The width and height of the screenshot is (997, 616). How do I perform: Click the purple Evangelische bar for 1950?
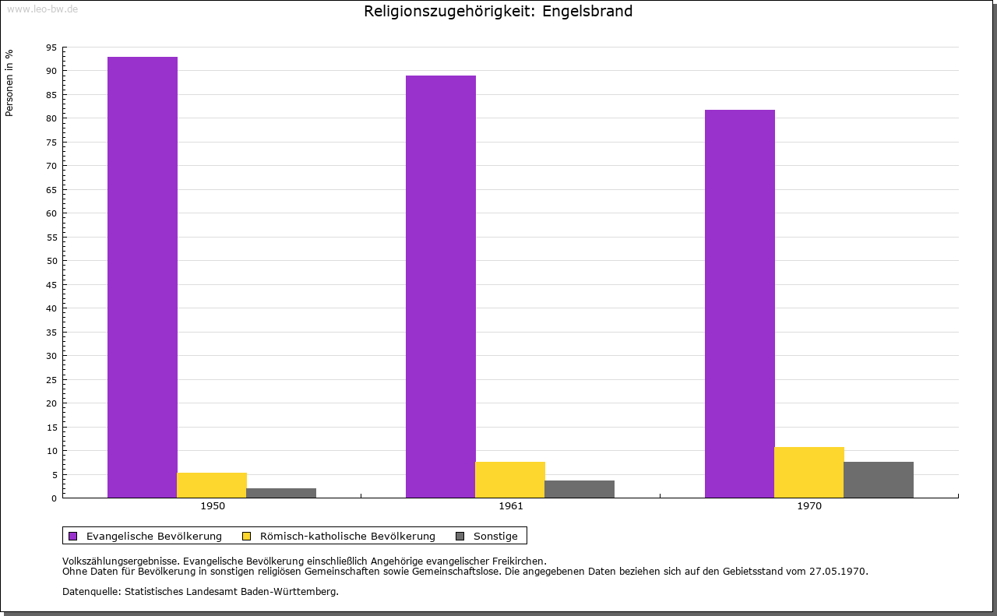[143, 277]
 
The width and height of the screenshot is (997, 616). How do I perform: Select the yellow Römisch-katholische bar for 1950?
[212, 485]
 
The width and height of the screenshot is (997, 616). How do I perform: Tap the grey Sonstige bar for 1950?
[281, 493]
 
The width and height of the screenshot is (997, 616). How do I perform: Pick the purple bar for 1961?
[441, 287]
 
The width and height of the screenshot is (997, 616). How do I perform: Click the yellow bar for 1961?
[510, 480]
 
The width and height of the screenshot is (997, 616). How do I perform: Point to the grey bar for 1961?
[580, 489]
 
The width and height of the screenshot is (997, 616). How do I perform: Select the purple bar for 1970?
[740, 304]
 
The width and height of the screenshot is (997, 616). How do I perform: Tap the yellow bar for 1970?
[809, 472]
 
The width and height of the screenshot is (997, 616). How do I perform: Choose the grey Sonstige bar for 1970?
[879, 480]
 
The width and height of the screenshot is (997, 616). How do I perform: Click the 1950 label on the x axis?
[213, 506]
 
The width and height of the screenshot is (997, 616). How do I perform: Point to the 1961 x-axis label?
[511, 506]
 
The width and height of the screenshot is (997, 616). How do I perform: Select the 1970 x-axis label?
[809, 506]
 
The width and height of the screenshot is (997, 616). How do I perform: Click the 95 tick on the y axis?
[51, 48]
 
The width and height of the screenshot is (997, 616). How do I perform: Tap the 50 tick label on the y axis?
[51, 261]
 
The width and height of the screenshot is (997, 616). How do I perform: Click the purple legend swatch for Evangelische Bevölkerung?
[73, 536]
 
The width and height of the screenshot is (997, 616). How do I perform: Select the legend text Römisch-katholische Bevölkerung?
[347, 536]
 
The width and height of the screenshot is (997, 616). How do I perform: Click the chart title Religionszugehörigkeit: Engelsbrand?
[498, 12]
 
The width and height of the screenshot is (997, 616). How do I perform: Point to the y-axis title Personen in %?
[10, 83]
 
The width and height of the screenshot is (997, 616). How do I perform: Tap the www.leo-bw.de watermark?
[42, 9]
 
